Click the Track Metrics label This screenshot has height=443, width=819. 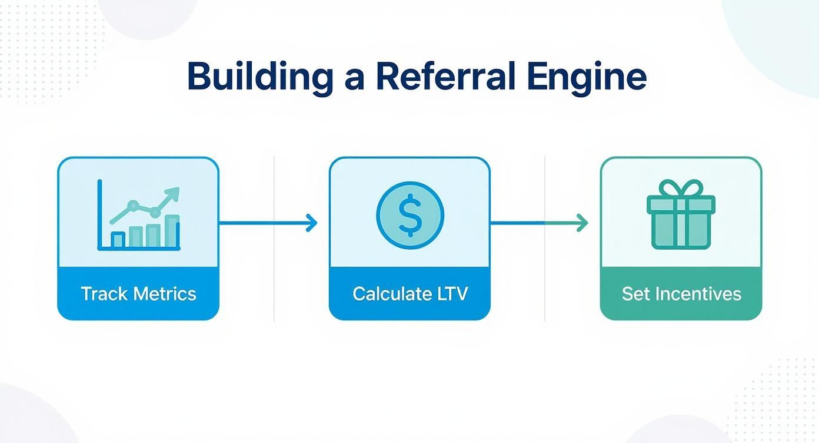click(x=138, y=293)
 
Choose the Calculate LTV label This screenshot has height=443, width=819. click(x=409, y=293)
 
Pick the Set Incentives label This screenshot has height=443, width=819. click(x=681, y=293)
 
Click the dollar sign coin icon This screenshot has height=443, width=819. click(x=410, y=214)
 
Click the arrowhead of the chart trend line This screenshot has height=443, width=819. click(x=174, y=193)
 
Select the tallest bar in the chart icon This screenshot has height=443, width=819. click(x=172, y=231)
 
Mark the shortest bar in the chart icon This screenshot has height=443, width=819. click(x=118, y=239)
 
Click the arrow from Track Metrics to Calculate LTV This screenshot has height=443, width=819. click(x=268, y=223)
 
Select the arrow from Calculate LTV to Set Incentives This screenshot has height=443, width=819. click(x=538, y=223)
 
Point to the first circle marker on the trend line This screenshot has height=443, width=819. click(x=134, y=206)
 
